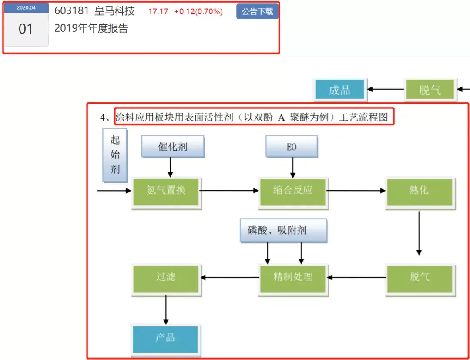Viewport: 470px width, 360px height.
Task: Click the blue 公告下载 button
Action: tap(257, 11)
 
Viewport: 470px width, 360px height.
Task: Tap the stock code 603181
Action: tap(72, 11)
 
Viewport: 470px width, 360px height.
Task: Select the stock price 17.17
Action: tap(158, 12)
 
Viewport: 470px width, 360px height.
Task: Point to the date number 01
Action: tap(26, 29)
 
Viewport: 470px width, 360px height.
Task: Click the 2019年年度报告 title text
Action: tap(91, 28)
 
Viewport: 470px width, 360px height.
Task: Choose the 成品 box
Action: tap(340, 90)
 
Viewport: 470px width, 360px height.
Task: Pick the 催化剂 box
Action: tap(173, 147)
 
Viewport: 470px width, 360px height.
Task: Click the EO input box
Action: tap(292, 147)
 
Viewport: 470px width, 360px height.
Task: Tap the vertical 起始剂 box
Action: tap(115, 155)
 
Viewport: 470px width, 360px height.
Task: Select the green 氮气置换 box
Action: tap(166, 192)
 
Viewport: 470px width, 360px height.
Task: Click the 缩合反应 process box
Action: tap(293, 192)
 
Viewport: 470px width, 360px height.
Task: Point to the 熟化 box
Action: tap(420, 192)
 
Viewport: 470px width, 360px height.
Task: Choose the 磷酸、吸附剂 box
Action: tap(283, 230)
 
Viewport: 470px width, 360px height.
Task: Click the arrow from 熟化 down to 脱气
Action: tap(419, 233)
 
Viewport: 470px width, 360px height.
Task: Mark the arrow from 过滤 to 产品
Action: tap(166, 310)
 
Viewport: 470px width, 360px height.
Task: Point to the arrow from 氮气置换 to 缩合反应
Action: tap(229, 190)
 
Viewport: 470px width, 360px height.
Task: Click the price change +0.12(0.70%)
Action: tap(198, 12)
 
